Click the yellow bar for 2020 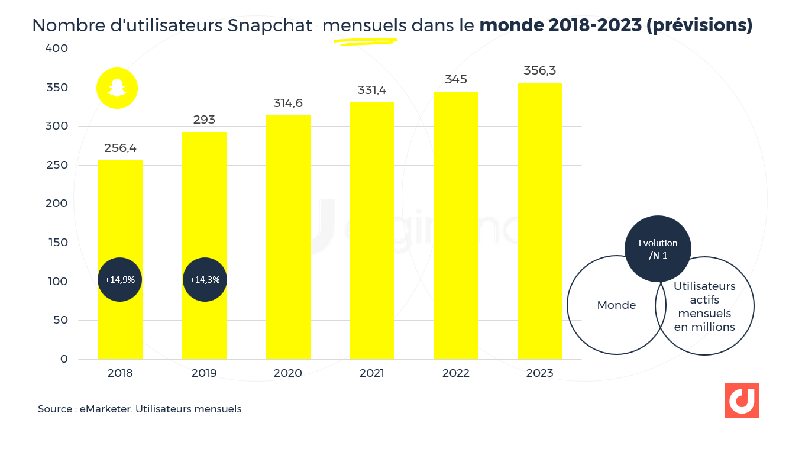[288, 237]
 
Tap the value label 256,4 [120, 148]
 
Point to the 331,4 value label [372, 91]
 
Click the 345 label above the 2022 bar [456, 79]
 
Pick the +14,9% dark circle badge [120, 280]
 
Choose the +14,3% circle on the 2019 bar [205, 280]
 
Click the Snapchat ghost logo [117, 89]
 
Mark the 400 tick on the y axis [57, 49]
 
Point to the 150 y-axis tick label [57, 243]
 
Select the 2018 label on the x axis [120, 373]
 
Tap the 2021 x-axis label [372, 373]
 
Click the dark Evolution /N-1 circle [658, 248]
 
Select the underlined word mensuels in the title [364, 25]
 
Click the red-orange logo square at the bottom [742, 401]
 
